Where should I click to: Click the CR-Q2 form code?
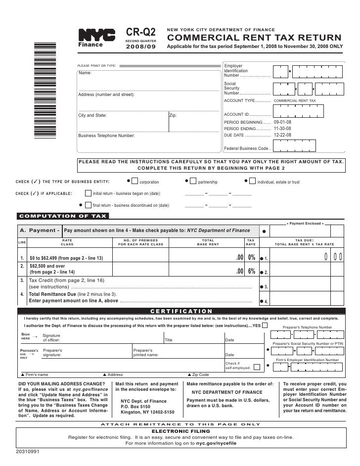(x=142, y=32)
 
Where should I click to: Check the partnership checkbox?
(x=193, y=182)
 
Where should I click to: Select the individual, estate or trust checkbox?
(x=253, y=182)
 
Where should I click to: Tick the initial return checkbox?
(x=89, y=193)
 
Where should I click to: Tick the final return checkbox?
(x=89, y=205)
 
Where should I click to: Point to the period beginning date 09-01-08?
(x=282, y=121)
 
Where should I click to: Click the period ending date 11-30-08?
(x=282, y=128)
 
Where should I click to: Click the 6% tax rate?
(x=251, y=271)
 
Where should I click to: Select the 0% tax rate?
(x=251, y=258)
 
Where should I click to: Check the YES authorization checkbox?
(x=266, y=325)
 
